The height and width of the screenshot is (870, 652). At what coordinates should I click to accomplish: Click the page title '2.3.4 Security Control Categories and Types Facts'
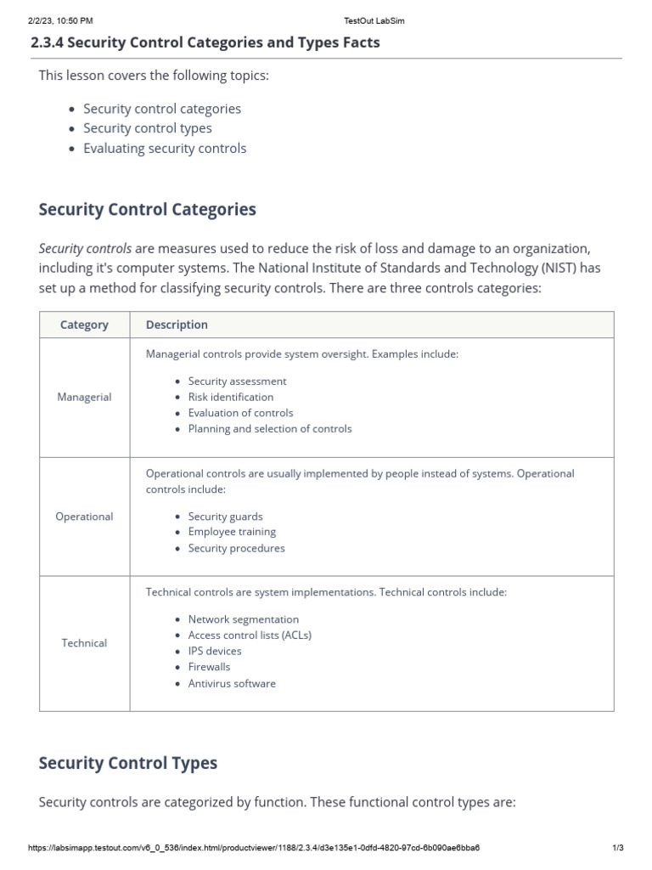coord(205,42)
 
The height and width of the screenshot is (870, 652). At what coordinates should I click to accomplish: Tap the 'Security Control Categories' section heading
coord(147,209)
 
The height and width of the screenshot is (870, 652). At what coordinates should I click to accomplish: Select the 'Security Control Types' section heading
coord(128,763)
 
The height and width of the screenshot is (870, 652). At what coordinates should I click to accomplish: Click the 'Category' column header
coord(84,325)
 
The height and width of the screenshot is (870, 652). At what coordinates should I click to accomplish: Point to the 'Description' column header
coord(177,325)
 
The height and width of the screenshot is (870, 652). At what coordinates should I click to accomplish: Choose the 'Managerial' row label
coord(84,397)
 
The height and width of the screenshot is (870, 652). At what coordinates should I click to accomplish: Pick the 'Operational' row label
coord(84,517)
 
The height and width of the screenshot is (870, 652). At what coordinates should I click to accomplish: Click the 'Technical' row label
coord(84,643)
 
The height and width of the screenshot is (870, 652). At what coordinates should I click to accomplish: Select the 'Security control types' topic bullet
coord(148,128)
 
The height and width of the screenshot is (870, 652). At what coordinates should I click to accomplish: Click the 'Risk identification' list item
coord(231,397)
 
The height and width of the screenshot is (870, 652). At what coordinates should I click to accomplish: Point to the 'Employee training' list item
coord(232,532)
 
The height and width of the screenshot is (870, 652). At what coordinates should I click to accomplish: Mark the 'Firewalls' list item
coord(209,667)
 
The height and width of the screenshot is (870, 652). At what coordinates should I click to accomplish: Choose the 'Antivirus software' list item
coord(232,683)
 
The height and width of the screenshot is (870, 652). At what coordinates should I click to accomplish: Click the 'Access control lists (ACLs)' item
coord(250,635)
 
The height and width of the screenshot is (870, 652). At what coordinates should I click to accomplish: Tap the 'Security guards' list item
coord(225,517)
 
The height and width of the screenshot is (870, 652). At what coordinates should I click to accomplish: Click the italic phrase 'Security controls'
coord(85,249)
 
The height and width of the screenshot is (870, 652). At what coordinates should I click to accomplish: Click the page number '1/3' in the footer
coord(617,848)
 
